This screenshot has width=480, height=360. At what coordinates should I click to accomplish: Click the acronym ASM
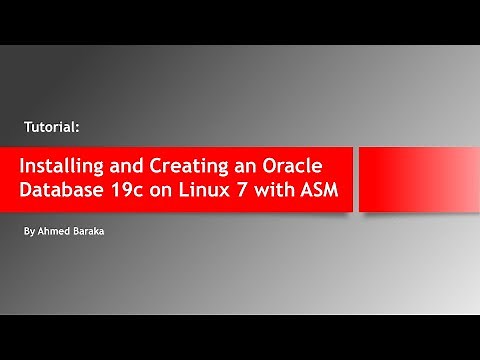pos(317,191)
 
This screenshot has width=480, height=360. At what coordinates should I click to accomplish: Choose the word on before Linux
pos(165,191)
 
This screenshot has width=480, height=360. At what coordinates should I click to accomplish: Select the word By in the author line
pos(27,231)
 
